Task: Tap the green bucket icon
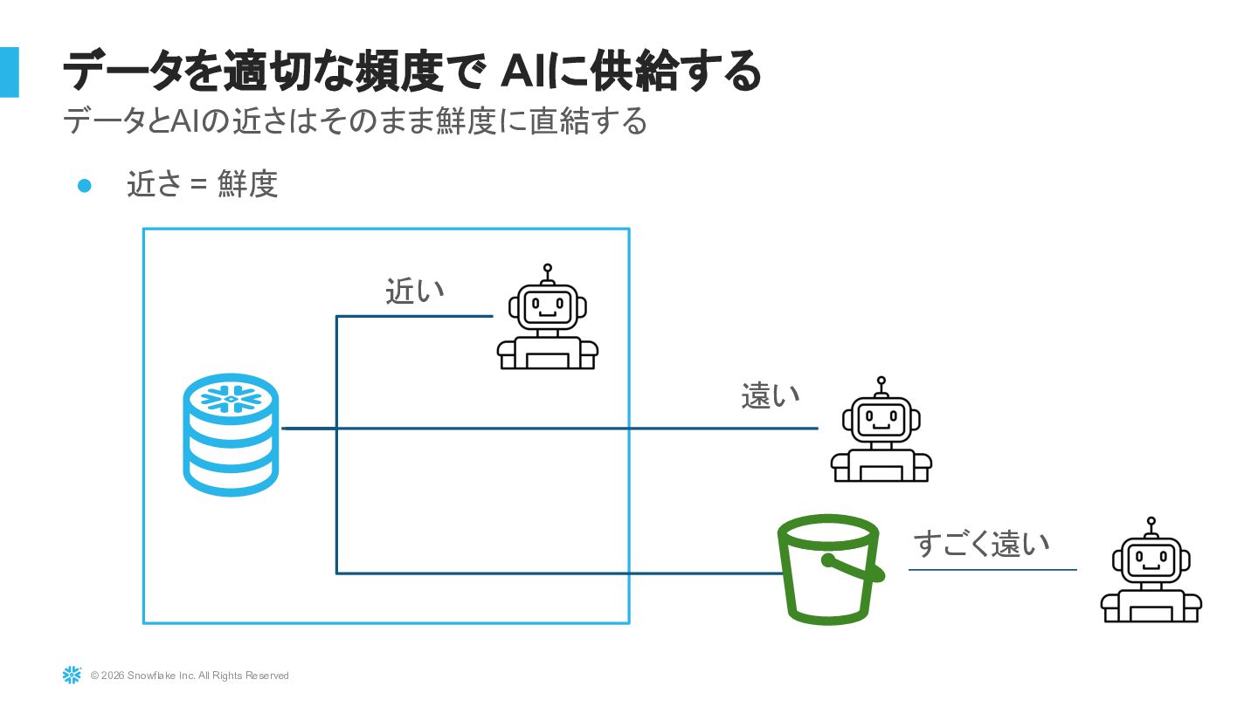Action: click(827, 567)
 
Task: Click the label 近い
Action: click(415, 291)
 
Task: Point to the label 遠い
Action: click(771, 395)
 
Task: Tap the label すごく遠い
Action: click(981, 543)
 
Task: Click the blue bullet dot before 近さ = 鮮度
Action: click(85, 185)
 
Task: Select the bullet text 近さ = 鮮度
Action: click(202, 185)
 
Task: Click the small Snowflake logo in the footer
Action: click(72, 675)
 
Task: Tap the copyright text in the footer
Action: click(190, 676)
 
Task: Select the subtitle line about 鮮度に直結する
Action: click(355, 121)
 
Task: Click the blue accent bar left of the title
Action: click(9, 72)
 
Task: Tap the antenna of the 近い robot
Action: click(548, 272)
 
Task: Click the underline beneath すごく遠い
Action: click(992, 570)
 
